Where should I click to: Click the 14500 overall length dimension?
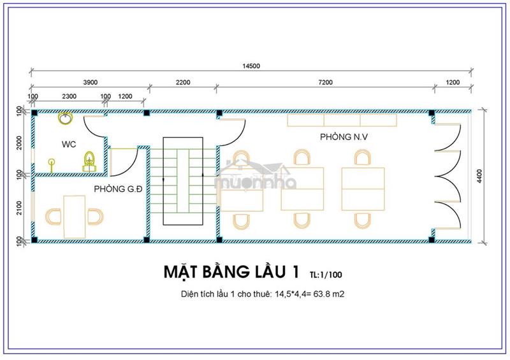click(x=251, y=66)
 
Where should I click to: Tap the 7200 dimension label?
click(x=325, y=82)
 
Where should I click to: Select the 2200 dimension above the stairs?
click(x=183, y=82)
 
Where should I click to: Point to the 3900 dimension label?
click(x=90, y=82)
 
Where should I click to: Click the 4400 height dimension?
click(x=480, y=176)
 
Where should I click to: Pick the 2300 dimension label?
click(x=69, y=96)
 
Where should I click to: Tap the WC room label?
click(x=69, y=144)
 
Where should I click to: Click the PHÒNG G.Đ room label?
click(x=118, y=189)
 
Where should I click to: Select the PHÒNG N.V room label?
click(x=344, y=137)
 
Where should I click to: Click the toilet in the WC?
click(x=89, y=162)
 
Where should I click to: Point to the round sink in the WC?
click(x=66, y=118)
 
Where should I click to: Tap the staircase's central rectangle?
click(x=183, y=181)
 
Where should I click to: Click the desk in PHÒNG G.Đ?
click(x=75, y=217)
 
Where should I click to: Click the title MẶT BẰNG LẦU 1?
click(x=231, y=272)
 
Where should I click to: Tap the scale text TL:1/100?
click(x=326, y=275)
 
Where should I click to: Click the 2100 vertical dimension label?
click(x=19, y=208)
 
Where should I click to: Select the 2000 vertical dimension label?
click(x=19, y=143)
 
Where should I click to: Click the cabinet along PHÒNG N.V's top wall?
click(x=342, y=120)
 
